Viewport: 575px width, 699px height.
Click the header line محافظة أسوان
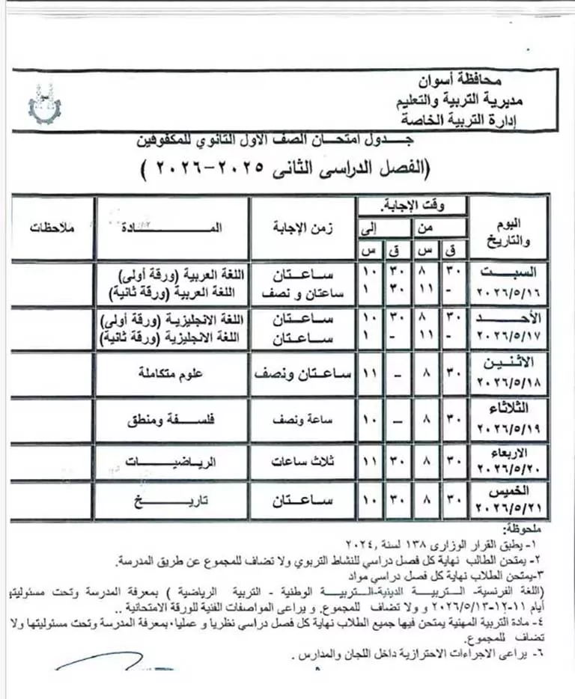pyautogui.click(x=454, y=79)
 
